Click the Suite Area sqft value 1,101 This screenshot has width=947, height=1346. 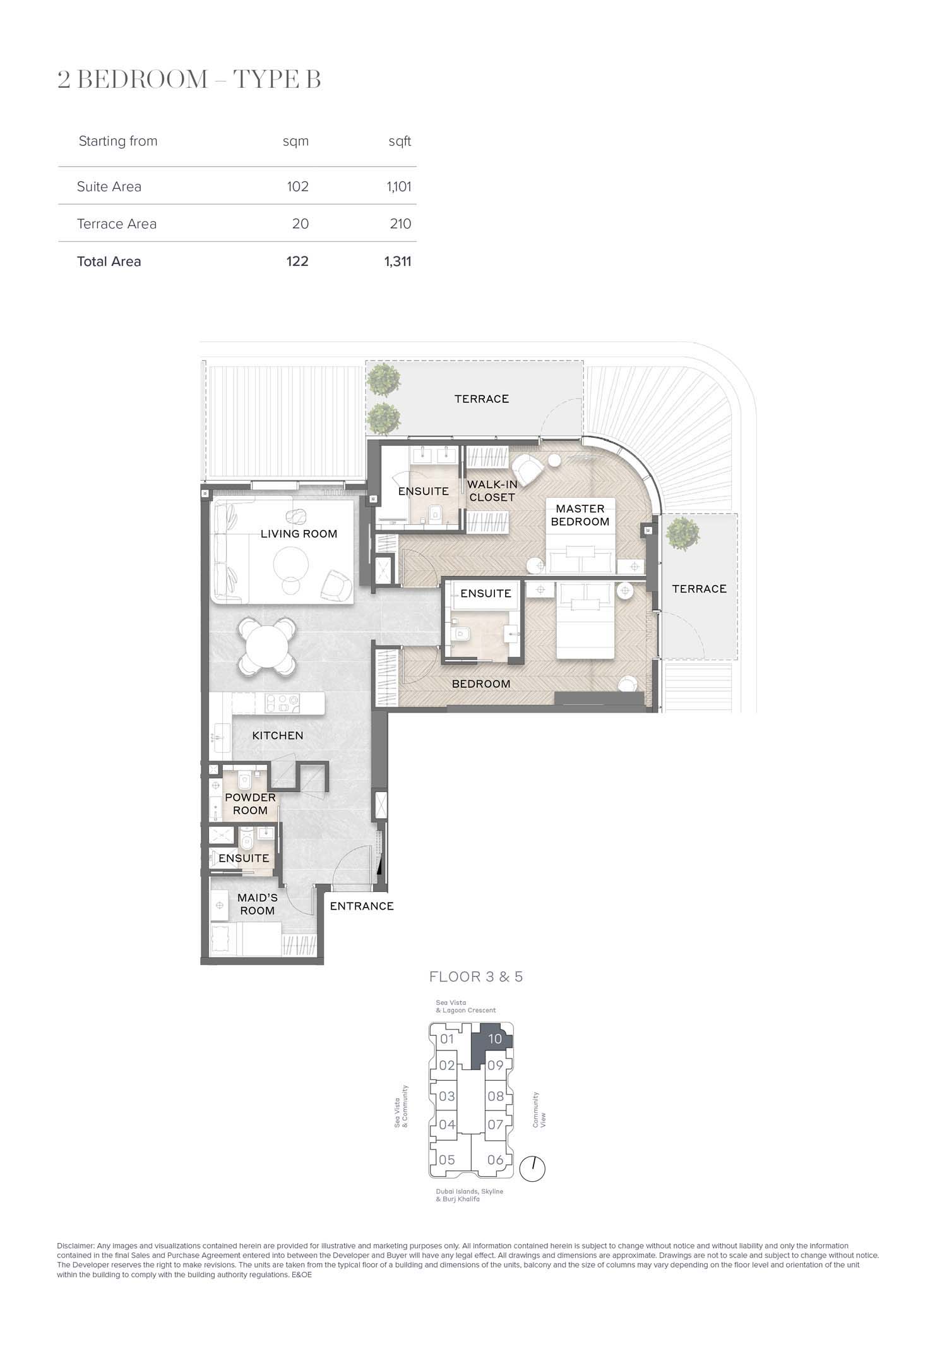click(x=399, y=186)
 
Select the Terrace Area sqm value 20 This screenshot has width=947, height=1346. click(x=301, y=224)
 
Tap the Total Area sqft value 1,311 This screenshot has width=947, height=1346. click(x=398, y=261)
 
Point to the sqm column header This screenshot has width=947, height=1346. click(x=295, y=141)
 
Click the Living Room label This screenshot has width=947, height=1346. click(x=299, y=534)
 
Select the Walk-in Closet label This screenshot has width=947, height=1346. click(x=492, y=491)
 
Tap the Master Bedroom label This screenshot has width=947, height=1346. click(x=580, y=515)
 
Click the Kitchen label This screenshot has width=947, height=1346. click(x=278, y=735)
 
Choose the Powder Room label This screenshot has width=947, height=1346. click(x=250, y=803)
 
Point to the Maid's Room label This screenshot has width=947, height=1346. click(x=257, y=904)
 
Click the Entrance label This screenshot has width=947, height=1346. click(x=362, y=906)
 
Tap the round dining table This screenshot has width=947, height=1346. click(x=268, y=646)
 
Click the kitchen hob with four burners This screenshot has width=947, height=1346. click(x=280, y=703)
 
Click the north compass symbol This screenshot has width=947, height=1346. click(x=533, y=1168)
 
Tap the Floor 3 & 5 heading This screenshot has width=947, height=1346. click(x=476, y=976)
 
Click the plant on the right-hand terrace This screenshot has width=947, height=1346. click(x=682, y=534)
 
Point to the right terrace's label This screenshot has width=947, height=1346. click(x=699, y=589)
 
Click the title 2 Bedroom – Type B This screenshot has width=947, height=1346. click(x=189, y=80)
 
